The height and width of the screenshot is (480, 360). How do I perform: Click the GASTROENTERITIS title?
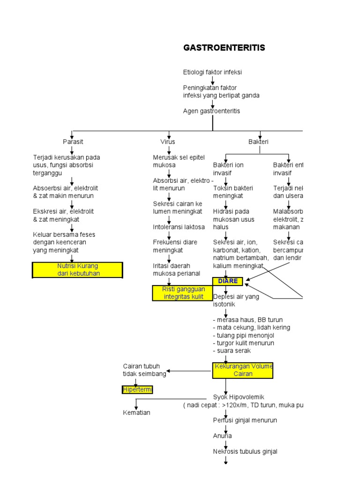point(224,48)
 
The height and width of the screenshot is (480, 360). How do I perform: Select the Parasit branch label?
point(73,142)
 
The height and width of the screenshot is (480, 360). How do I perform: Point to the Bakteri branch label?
point(258,142)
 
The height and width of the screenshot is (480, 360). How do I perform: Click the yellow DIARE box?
point(228,281)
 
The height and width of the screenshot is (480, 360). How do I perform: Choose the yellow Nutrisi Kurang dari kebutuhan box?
point(78,270)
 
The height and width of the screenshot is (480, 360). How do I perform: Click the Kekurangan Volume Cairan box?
point(243,370)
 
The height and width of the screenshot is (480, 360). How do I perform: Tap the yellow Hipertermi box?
point(137,390)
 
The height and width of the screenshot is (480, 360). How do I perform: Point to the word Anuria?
point(222,436)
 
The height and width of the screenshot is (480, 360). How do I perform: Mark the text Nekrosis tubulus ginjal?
point(245,451)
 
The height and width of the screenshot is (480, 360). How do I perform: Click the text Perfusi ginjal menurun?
point(245,420)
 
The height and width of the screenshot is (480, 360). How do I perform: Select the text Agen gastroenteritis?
point(211,111)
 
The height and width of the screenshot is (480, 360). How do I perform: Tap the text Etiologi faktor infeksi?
point(212,72)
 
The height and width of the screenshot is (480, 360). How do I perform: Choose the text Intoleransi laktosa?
point(179,227)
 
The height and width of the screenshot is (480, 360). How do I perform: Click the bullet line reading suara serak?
point(232,351)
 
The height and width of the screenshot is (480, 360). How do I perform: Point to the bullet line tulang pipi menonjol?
point(243,335)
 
